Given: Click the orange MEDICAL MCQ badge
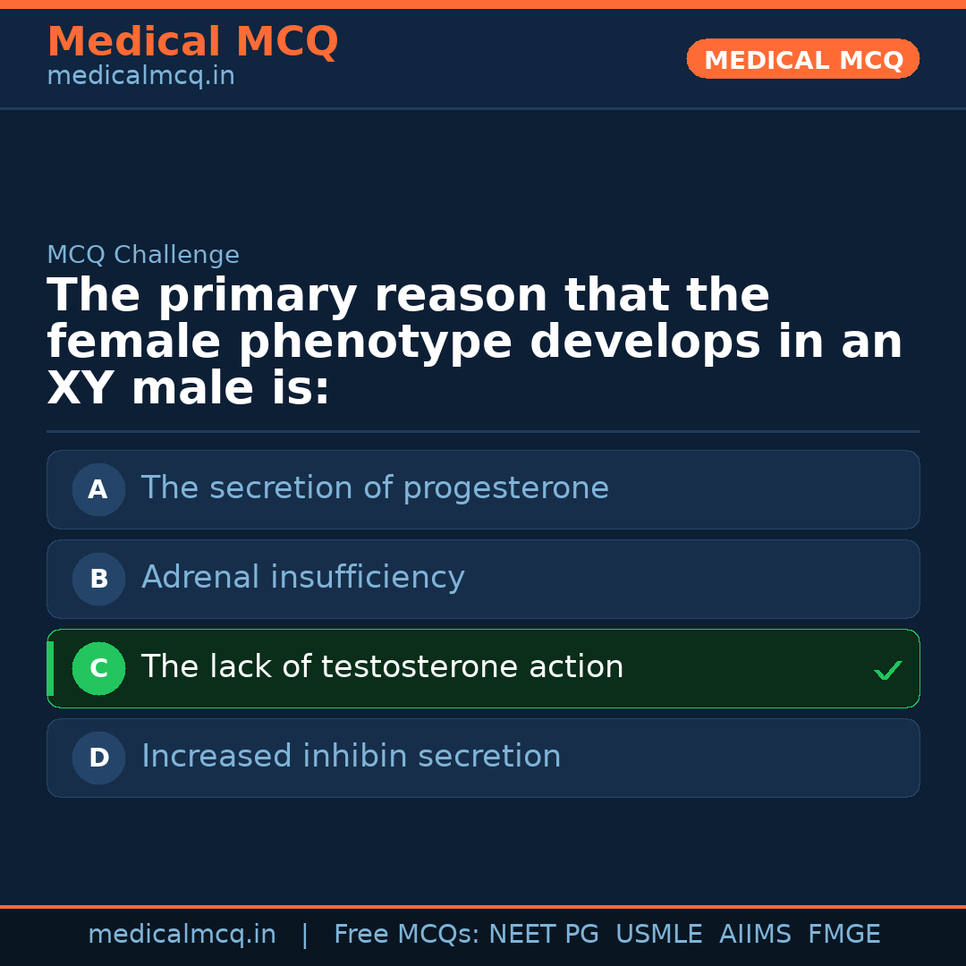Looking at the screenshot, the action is (802, 59).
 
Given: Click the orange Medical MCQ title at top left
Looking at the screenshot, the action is (193, 42).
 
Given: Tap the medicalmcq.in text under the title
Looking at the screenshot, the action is (141, 76).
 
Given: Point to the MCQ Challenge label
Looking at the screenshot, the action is (143, 254).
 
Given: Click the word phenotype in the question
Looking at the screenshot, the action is (375, 343).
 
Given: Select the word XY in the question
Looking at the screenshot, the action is (80, 389).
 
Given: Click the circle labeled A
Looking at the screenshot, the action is (98, 490).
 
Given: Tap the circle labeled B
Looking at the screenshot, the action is (98, 579).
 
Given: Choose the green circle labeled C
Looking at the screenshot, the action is (98, 668).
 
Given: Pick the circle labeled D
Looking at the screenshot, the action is (98, 758).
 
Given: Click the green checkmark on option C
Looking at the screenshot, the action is (888, 670).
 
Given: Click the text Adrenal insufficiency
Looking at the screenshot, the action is (303, 577).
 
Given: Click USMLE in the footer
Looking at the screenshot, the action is (659, 934).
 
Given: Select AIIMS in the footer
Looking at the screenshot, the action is (755, 934).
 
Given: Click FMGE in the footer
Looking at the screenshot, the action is (844, 934).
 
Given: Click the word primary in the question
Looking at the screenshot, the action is (258, 297).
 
